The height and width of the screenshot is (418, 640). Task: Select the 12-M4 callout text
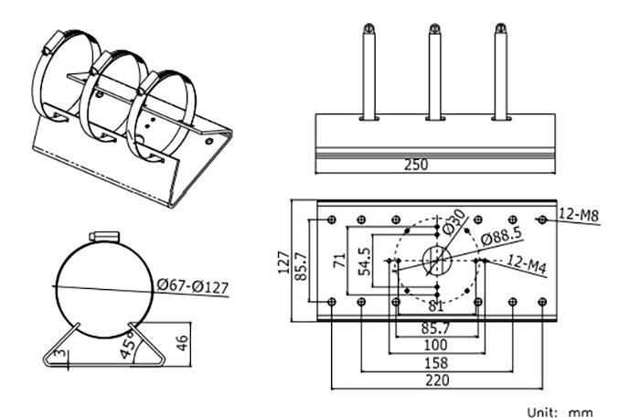[526, 266]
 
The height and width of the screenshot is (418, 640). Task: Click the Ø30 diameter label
[454, 221]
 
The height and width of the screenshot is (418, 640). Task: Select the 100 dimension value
[436, 345]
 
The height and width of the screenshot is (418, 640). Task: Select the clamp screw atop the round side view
[104, 237]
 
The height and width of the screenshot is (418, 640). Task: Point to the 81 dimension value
[436, 305]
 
